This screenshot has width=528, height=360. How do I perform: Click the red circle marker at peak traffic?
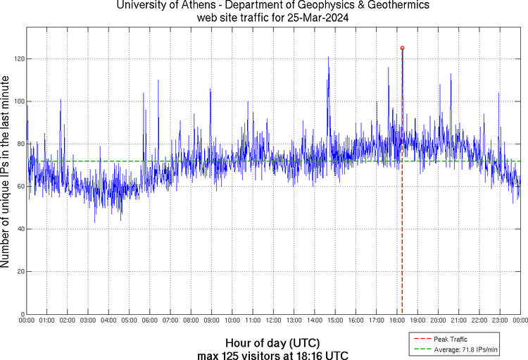pos(402,48)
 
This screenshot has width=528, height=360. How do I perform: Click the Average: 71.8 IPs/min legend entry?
pos(465,349)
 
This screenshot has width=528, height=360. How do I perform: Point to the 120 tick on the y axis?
pos(19,59)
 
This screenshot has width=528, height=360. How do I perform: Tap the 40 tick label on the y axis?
pos(20,230)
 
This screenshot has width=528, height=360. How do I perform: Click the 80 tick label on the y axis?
pos(20,144)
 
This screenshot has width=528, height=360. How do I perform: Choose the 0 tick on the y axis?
pos(23,315)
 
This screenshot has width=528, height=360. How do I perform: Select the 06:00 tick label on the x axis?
pos(149,321)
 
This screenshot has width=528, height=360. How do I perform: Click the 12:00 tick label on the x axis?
pos(273,321)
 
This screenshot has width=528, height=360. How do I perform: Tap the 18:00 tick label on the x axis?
pos(396,321)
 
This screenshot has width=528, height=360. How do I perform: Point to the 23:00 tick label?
pos(499,321)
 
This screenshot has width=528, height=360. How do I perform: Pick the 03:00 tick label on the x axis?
pos(88,321)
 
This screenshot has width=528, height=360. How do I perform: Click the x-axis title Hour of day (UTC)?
pos(272,342)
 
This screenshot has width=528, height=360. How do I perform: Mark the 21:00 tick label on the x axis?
pos(458,321)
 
